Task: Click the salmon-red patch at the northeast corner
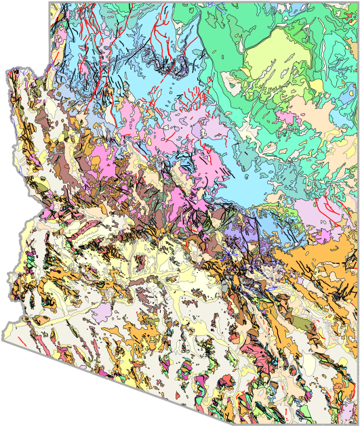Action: pos(352,8)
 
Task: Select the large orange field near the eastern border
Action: pos(319,257)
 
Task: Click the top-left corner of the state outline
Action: pos(49,3)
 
